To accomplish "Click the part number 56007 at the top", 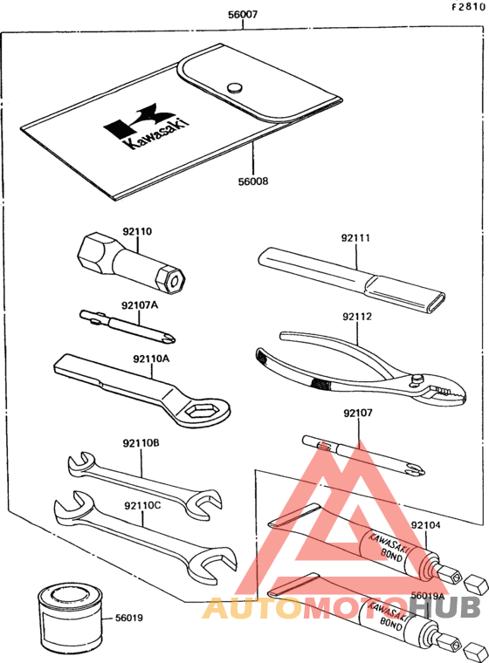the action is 243,15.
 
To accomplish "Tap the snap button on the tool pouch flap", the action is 235,87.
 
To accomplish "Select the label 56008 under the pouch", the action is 253,181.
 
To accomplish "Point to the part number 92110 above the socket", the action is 137,231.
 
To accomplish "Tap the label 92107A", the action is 140,304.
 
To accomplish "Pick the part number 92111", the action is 355,238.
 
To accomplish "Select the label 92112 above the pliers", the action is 357,317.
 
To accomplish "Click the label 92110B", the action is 141,443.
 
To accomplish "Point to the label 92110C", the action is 142,505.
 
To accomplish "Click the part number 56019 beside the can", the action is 129,618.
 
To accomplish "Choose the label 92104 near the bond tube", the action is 425,525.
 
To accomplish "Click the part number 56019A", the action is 427,596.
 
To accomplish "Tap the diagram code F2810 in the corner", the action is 468,7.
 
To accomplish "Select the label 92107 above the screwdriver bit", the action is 358,413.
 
